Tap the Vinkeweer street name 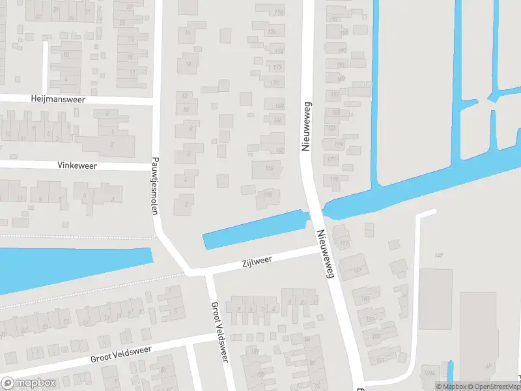click(76, 166)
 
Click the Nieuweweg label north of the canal click(304, 126)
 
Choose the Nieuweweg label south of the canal click(325, 254)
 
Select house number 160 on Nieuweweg click(269, 168)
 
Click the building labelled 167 click(356, 269)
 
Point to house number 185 click(336, 112)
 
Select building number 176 click(274, 83)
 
